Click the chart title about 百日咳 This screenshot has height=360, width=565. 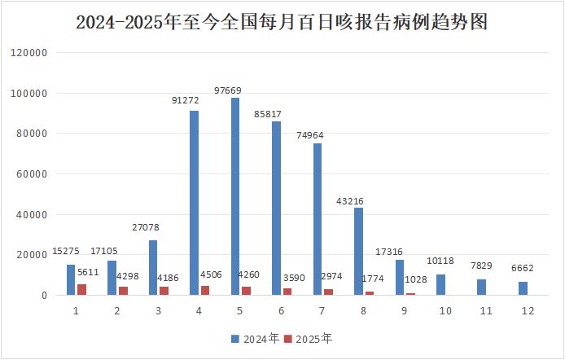[x=282, y=22]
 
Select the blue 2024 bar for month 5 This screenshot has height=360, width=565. [x=235, y=196]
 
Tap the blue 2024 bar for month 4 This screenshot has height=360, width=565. [x=194, y=203]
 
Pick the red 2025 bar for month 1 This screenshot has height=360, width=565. [x=81, y=289]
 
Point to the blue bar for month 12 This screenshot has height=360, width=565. [x=523, y=288]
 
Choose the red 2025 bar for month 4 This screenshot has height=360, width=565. [x=205, y=290]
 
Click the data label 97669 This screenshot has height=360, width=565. [x=235, y=90]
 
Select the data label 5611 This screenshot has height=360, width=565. [x=87, y=273]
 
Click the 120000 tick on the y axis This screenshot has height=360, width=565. [x=31, y=53]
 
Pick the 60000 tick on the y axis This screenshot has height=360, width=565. [x=33, y=174]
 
